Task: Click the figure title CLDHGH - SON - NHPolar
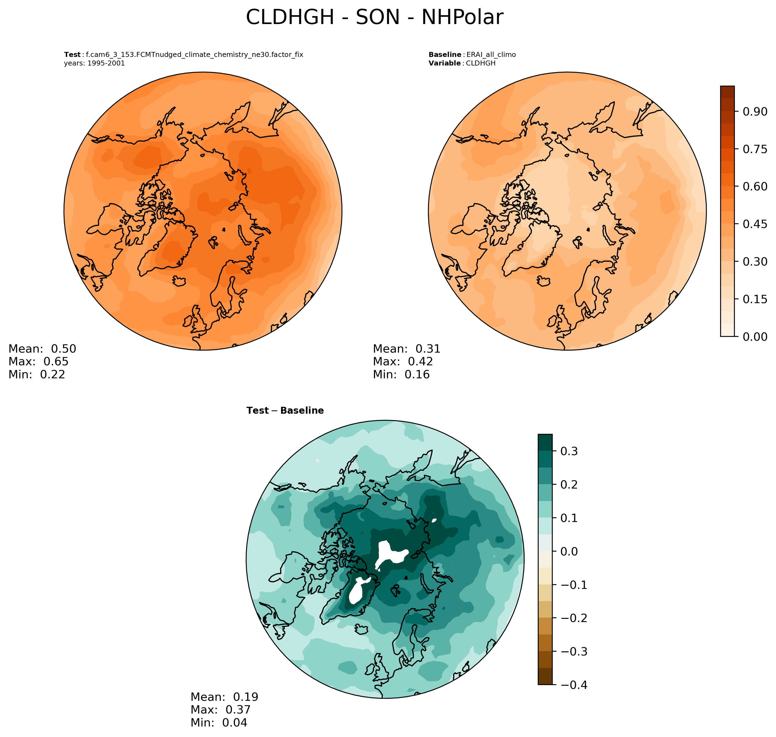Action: click(374, 18)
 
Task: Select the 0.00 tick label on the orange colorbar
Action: click(755, 337)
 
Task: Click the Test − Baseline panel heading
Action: click(285, 411)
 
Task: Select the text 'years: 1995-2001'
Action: click(94, 63)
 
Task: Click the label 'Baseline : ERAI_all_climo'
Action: click(472, 55)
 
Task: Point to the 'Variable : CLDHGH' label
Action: click(462, 63)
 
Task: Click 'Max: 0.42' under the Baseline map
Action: click(403, 361)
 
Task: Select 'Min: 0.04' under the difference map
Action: click(219, 722)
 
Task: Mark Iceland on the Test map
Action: click(179, 280)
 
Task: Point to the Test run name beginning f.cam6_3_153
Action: click(195, 55)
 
